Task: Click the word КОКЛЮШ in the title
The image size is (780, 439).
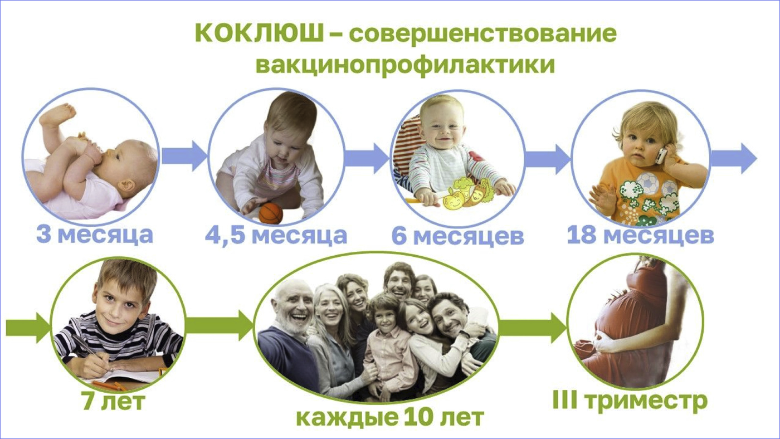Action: (259, 33)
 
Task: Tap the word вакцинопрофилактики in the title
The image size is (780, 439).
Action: (406, 65)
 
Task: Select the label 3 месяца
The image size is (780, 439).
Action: (95, 235)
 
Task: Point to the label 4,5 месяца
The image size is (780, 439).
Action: (276, 235)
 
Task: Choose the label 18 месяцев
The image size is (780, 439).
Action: (640, 235)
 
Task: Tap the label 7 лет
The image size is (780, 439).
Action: (113, 402)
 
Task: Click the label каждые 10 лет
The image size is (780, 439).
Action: (390, 417)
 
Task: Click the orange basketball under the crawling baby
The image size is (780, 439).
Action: (271, 213)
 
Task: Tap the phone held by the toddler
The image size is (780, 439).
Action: (661, 155)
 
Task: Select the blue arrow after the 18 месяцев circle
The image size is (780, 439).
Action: (734, 158)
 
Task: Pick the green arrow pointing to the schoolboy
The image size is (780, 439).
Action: (28, 328)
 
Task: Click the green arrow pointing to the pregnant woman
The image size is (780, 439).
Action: (533, 328)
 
